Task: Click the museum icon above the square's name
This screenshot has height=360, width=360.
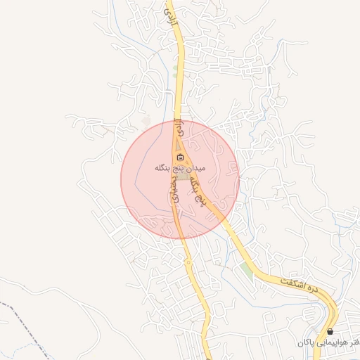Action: [181, 157]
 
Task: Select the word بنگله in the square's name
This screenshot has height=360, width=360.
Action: [165, 169]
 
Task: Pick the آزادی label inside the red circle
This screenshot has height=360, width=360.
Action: [181, 131]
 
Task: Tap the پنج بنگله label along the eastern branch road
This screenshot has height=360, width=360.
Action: [200, 189]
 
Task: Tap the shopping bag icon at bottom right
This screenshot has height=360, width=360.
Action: [330, 330]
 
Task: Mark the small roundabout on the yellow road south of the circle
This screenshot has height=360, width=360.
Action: [188, 261]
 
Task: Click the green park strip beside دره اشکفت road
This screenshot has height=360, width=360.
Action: [246, 270]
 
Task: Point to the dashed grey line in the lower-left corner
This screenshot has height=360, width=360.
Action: [28, 316]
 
